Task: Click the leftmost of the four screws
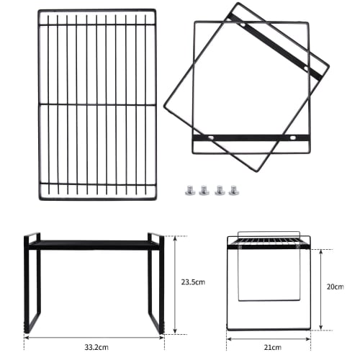189,190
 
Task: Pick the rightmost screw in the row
233,190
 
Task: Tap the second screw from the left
204,190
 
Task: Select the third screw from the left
219,190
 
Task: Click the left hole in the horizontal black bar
210,137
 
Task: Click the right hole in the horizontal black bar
293,137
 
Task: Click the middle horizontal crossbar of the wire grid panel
96,104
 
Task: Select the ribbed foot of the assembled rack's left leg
28,326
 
